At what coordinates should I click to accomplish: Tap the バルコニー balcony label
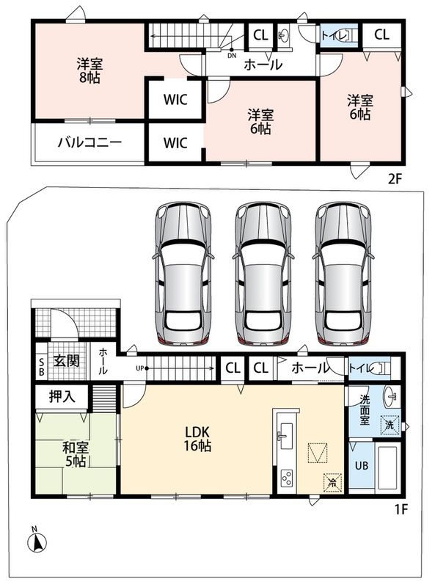coord(89,142)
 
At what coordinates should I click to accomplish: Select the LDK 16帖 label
coord(197,439)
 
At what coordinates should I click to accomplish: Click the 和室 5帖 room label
coord(76,454)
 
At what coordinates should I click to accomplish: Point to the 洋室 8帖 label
coord(89,70)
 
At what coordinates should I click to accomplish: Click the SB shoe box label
coord(42,367)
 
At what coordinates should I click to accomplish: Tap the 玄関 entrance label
coord(66,361)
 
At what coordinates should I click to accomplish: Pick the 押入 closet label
coord(62,397)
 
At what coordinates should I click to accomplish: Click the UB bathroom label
coord(361,466)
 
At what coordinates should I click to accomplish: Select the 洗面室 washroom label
coord(365,409)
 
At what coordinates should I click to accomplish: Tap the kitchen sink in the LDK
coord(286,436)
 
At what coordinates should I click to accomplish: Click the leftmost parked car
coord(183,273)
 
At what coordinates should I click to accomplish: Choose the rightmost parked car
coord(343,273)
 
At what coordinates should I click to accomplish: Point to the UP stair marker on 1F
coord(142,368)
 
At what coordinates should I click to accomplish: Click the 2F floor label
coord(395,179)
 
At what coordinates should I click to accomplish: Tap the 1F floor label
coord(401,509)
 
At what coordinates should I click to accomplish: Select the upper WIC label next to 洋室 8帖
coord(175,100)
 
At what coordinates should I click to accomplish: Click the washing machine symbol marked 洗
coord(390,426)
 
